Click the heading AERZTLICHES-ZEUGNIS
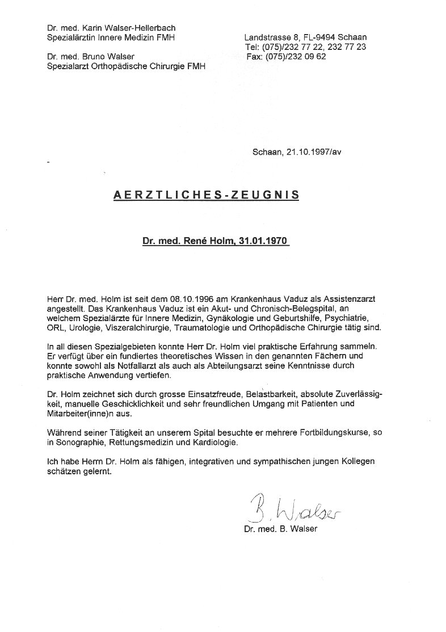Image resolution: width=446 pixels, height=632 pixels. click(x=207, y=194)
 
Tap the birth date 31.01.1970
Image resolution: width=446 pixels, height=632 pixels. click(x=266, y=241)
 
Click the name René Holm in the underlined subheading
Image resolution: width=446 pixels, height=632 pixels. click(x=201, y=241)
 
